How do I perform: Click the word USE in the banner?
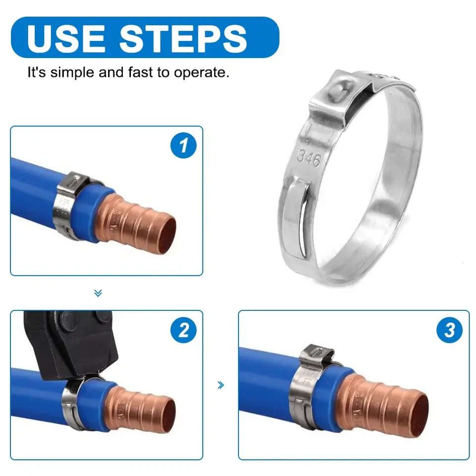point(66,38)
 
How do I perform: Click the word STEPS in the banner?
point(183,38)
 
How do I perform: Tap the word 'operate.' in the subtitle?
point(201,73)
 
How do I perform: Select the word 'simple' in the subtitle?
point(72,73)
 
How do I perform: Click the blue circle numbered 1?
point(183,145)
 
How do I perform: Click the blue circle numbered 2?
point(183,330)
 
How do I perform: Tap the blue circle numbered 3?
point(449,330)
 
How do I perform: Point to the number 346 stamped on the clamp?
point(309,158)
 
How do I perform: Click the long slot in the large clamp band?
point(304,222)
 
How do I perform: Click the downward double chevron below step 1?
point(98,293)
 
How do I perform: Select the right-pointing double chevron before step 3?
point(221,385)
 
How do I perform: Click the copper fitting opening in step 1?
point(167,234)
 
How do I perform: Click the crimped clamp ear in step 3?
point(316,355)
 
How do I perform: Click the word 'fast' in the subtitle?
point(140,72)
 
